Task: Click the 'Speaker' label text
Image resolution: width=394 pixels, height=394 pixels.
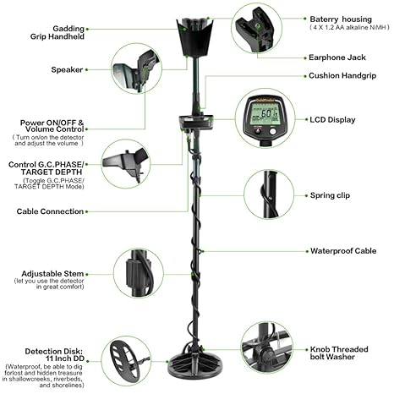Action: click(67, 69)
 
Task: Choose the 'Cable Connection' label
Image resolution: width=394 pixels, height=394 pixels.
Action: click(50, 211)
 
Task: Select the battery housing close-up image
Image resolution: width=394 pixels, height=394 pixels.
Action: click(257, 30)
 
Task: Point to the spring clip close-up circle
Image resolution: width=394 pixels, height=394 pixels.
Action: click(269, 194)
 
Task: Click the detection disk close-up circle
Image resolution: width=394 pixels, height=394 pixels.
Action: click(126, 358)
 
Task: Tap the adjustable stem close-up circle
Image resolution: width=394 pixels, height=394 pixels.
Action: click(139, 271)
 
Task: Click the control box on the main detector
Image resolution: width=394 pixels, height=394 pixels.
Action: click(195, 124)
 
